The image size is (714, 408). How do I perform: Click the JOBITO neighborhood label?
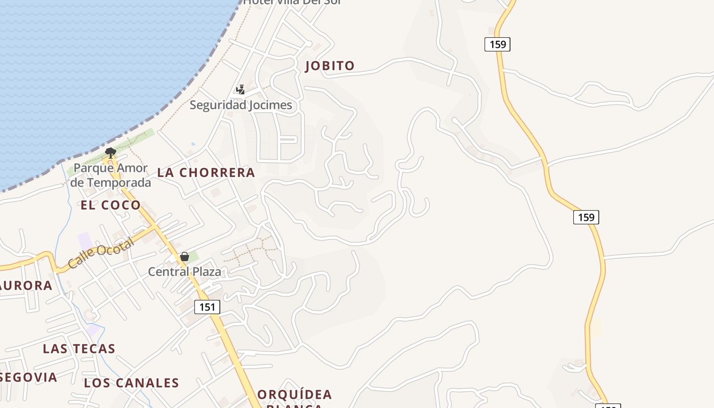(329, 66)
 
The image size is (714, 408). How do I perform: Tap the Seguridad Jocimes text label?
(241, 105)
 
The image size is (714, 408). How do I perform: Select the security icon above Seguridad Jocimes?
(240, 90)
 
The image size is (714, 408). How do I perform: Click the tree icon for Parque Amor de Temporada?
(110, 151)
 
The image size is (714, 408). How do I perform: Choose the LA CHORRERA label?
(206, 172)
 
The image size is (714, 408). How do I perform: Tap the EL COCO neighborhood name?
(111, 205)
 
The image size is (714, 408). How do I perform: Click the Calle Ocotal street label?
(100, 253)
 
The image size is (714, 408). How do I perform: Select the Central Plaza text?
(185, 271)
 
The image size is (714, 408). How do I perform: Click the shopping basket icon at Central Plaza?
(185, 257)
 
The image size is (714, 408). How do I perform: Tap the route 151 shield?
(207, 307)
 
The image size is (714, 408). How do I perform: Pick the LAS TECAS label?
(79, 349)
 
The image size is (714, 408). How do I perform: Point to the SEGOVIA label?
(29, 377)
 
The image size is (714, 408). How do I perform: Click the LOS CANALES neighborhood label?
(132, 383)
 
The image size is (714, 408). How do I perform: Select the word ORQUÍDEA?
(295, 394)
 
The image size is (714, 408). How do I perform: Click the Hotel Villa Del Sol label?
(291, 2)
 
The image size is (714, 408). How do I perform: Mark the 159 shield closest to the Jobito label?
(497, 44)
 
